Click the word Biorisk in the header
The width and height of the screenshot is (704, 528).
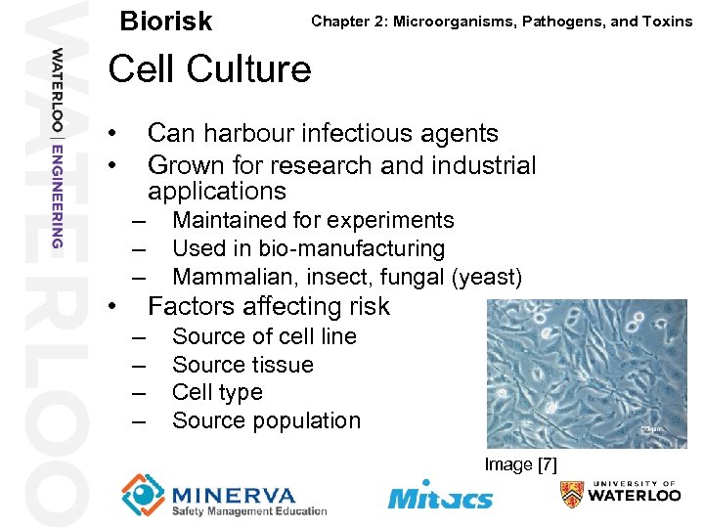pyautogui.click(x=165, y=22)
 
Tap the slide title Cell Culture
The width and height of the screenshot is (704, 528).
pyautogui.click(x=209, y=69)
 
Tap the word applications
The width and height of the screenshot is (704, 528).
pyautogui.click(x=217, y=191)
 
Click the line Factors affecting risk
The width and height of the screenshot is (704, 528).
pyautogui.click(x=268, y=306)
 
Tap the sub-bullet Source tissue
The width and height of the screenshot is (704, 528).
pyautogui.click(x=242, y=365)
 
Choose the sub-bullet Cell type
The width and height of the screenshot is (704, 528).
pyautogui.click(x=217, y=392)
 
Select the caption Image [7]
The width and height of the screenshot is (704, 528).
pyautogui.click(x=520, y=464)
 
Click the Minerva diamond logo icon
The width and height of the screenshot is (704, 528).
pyautogui.click(x=143, y=494)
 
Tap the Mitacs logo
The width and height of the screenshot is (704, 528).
pyautogui.click(x=440, y=495)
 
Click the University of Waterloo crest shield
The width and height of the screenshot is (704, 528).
pyautogui.click(x=572, y=495)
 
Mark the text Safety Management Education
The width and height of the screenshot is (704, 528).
pyautogui.click(x=248, y=510)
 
